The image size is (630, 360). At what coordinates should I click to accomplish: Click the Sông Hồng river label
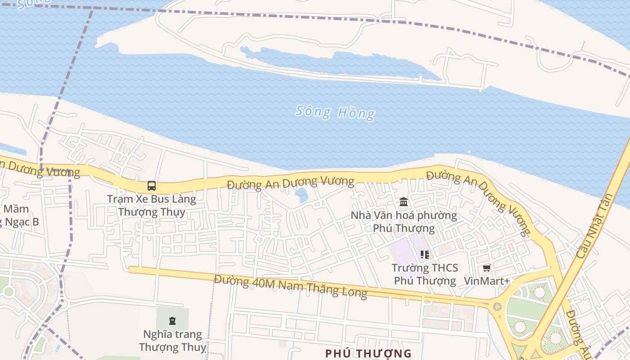(x=335, y=112)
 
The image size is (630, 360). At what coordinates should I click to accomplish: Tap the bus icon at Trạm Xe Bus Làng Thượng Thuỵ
(x=152, y=185)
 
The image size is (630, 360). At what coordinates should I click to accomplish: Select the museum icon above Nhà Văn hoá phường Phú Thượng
(x=404, y=202)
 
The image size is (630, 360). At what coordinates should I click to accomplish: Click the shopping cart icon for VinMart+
(x=486, y=268)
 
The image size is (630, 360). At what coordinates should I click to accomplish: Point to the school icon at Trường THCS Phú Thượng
(x=424, y=255)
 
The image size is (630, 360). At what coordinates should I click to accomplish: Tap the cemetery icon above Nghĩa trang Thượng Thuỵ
(x=172, y=320)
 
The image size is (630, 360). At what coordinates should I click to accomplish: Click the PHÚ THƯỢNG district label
(x=368, y=353)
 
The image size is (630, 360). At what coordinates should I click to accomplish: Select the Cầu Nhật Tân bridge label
(x=595, y=226)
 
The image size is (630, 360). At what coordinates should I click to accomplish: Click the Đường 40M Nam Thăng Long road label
(x=290, y=286)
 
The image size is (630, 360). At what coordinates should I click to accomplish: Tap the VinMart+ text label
(x=486, y=281)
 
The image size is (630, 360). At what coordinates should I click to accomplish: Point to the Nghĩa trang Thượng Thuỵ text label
(x=172, y=341)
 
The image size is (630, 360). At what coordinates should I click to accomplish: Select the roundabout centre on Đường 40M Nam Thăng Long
(x=497, y=306)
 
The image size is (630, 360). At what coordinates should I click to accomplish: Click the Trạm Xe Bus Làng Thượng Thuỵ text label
(x=152, y=205)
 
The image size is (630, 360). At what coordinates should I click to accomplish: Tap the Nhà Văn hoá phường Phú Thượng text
(x=404, y=221)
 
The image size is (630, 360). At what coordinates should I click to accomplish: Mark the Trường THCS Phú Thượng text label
(x=424, y=274)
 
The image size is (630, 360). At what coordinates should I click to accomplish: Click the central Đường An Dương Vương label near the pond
(x=290, y=183)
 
